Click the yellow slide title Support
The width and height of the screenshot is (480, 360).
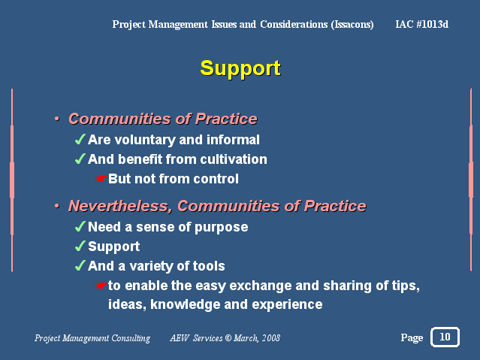240,69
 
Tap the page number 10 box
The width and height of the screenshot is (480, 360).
445,337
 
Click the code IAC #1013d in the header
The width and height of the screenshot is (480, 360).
422,24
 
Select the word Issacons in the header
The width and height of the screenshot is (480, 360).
352,25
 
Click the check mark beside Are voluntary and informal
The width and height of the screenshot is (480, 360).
80,139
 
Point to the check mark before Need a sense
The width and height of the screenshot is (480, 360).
80,227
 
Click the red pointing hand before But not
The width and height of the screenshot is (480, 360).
101,179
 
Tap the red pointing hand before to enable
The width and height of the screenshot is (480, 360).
101,286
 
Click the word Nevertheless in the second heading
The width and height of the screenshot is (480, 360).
120,206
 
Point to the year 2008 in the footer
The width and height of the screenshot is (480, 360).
271,338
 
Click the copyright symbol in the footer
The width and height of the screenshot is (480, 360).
228,338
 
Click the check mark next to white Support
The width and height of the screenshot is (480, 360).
80,247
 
